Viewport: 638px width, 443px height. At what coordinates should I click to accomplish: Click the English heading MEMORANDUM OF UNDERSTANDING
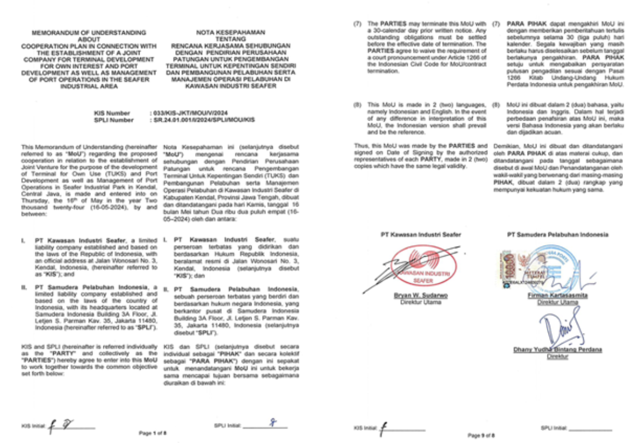pos(89,32)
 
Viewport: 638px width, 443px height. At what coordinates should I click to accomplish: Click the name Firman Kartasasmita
pos(557,296)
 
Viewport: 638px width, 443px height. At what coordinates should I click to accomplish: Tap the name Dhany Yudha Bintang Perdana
pos(557,350)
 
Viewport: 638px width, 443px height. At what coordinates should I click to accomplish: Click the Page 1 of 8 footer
pos(153,432)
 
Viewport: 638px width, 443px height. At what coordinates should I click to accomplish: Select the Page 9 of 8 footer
pos(481,434)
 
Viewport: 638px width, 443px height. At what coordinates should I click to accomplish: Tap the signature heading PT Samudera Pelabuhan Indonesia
pos(557,234)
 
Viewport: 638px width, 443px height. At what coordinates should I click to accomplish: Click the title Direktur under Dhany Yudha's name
pos(557,356)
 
